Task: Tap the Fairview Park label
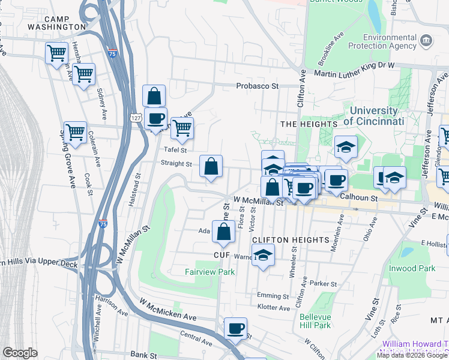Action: click(x=209, y=272)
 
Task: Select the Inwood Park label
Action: click(x=412, y=268)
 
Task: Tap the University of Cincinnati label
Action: click(x=373, y=116)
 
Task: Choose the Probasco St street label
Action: click(x=258, y=86)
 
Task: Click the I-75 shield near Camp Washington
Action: click(x=112, y=53)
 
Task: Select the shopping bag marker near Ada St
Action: click(x=223, y=233)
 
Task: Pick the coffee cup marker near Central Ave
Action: click(x=235, y=329)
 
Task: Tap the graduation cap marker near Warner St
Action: click(x=263, y=256)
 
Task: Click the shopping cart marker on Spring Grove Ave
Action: click(x=75, y=133)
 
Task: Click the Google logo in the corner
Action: click(x=20, y=353)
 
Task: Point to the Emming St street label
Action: click(x=269, y=296)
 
